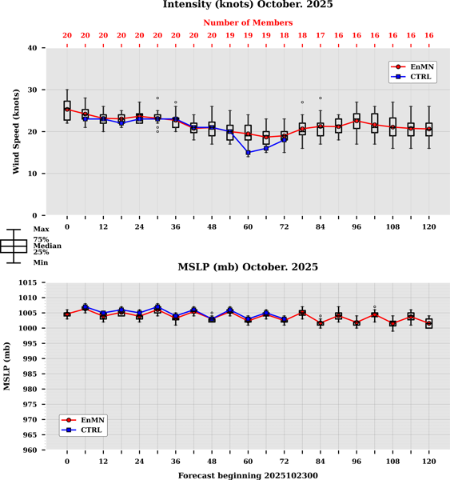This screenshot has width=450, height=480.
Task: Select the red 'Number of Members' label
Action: pyautogui.click(x=248, y=23)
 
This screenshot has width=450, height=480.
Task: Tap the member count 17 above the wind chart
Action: pyautogui.click(x=321, y=35)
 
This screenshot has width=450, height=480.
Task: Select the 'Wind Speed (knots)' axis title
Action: pyautogui.click(x=15, y=132)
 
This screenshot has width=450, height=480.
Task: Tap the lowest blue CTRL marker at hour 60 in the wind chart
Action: pyautogui.click(x=248, y=152)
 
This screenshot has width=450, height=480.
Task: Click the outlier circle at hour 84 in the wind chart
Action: pyautogui.click(x=321, y=98)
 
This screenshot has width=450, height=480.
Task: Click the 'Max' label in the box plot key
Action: pyautogui.click(x=40, y=230)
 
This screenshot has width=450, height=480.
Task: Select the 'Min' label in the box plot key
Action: pyautogui.click(x=40, y=262)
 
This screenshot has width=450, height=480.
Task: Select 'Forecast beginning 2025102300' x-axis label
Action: pyautogui.click(x=248, y=475)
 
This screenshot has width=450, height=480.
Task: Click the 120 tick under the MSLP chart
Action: pyautogui.click(x=429, y=462)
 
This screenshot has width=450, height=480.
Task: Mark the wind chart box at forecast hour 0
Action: pyautogui.click(x=67, y=110)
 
